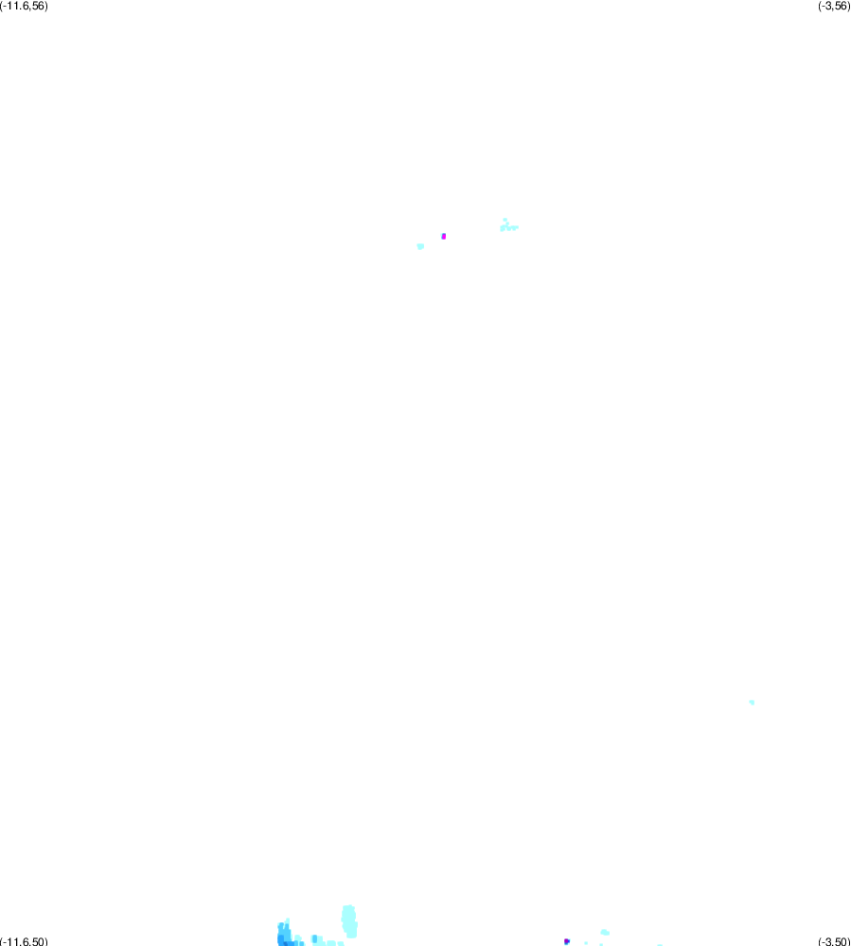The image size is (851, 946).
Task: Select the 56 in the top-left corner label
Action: [x=39, y=6]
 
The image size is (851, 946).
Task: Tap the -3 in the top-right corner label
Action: [x=827, y=6]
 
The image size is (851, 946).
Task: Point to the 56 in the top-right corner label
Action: [x=841, y=6]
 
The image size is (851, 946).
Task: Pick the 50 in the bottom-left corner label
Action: [x=39, y=941]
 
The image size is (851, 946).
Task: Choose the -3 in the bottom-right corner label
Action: [x=827, y=941]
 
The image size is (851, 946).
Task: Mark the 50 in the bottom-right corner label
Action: [x=841, y=941]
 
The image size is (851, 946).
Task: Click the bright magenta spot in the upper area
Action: [x=444, y=237]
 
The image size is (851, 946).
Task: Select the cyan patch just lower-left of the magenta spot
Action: [x=420, y=246]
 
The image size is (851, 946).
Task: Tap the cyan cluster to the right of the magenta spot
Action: [x=508, y=227]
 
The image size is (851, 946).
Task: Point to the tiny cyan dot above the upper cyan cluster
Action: [x=505, y=220]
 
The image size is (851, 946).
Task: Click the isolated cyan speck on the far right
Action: [x=752, y=703]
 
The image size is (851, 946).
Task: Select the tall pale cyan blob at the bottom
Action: [x=349, y=921]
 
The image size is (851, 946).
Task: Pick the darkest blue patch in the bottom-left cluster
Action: [x=286, y=942]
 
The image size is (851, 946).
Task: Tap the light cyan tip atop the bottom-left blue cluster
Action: [x=287, y=920]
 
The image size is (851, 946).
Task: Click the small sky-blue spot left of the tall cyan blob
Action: [x=314, y=938]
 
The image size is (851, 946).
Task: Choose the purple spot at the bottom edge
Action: [x=566, y=941]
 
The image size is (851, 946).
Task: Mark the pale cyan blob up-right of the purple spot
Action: [x=605, y=933]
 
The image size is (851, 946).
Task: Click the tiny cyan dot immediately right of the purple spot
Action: [x=586, y=943]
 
